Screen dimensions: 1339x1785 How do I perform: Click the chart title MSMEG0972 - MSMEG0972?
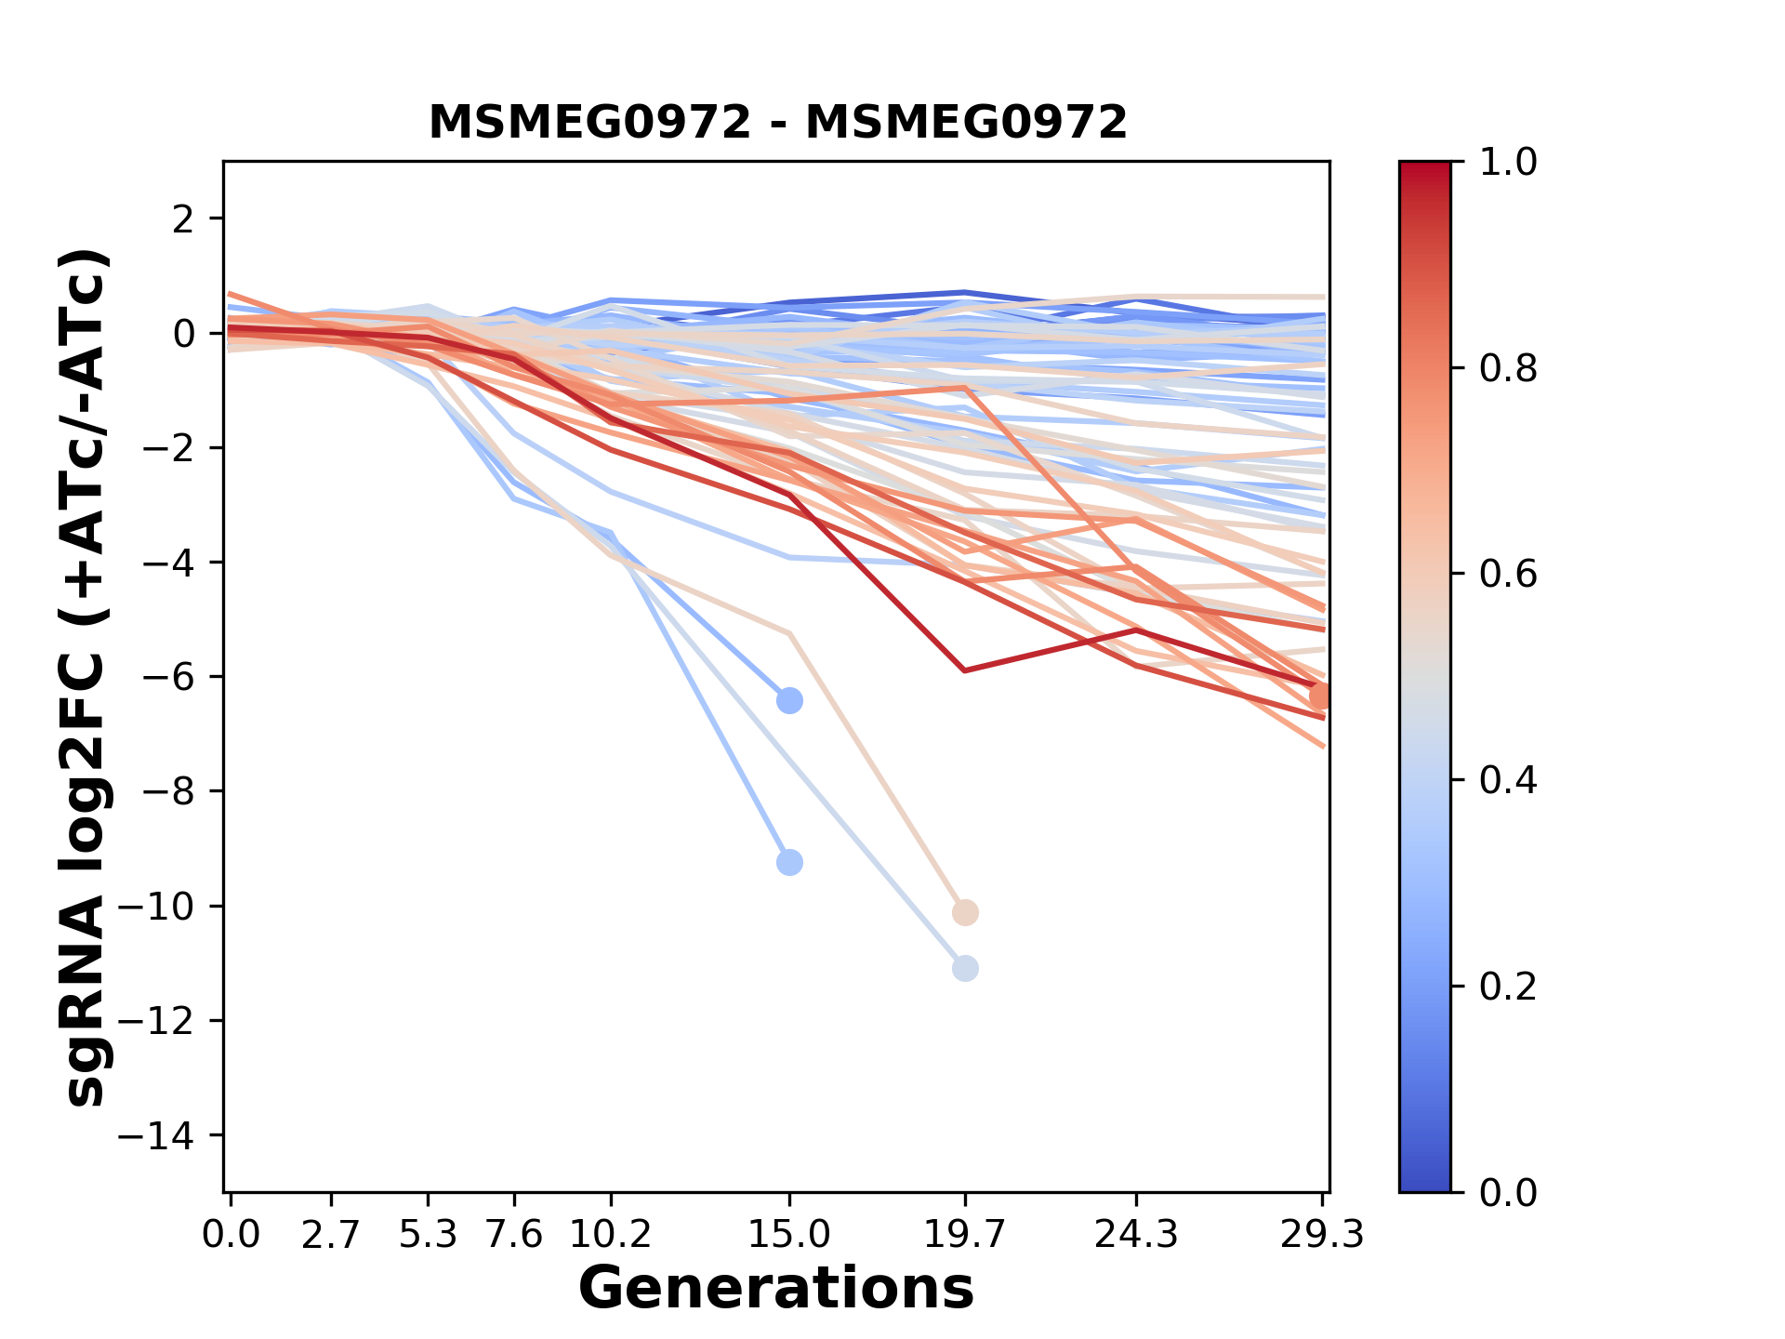(777, 123)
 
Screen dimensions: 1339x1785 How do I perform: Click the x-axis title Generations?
(776, 1289)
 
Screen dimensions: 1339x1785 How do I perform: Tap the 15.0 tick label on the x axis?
(789, 1235)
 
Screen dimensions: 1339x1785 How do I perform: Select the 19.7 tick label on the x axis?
(964, 1235)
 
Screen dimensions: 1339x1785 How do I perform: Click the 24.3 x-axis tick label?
(1135, 1235)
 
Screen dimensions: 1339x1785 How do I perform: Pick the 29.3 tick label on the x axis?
(1322, 1235)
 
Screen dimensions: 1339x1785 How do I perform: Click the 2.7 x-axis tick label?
(331, 1235)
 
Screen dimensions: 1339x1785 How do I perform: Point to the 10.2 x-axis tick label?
(610, 1235)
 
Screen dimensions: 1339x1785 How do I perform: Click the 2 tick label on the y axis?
(184, 219)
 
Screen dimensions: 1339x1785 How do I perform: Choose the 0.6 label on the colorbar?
(1508, 574)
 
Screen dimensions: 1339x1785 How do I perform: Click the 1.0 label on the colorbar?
(1508, 163)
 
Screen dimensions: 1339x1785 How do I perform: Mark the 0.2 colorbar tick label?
(1508, 986)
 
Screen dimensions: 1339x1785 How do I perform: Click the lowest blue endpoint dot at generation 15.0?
(789, 863)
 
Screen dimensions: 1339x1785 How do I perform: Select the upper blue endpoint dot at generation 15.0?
(789, 700)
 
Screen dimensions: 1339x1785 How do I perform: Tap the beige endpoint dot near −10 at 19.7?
(965, 912)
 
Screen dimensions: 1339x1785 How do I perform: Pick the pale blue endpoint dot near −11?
(965, 969)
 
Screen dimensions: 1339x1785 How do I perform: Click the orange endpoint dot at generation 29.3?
(1320, 696)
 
